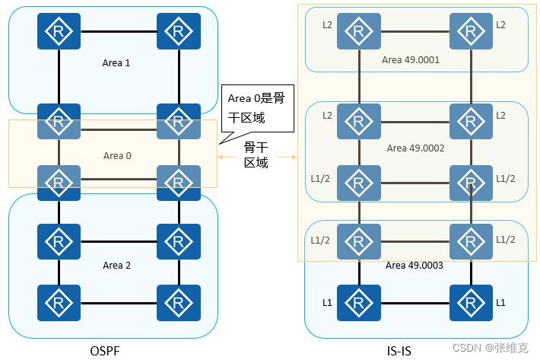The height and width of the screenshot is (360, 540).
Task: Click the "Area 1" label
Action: pos(116,62)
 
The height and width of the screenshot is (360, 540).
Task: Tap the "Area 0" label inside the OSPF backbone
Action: pos(117,156)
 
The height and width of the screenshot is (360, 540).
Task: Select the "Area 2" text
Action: pos(116,265)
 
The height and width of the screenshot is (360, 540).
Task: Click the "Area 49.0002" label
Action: pos(415,148)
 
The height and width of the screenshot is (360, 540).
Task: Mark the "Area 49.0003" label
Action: pos(415,266)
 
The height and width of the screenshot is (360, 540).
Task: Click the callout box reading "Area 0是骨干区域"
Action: pos(251,107)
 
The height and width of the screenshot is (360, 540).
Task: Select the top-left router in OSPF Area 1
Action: pos(59,31)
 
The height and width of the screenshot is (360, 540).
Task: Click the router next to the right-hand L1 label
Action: pos(470,303)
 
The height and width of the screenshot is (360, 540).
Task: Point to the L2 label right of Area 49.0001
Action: pos(500,25)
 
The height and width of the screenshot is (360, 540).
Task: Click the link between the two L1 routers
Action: pos(414,303)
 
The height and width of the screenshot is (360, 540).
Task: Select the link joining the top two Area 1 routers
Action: pos(118,31)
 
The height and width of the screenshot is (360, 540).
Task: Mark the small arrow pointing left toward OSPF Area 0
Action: pos(222,157)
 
